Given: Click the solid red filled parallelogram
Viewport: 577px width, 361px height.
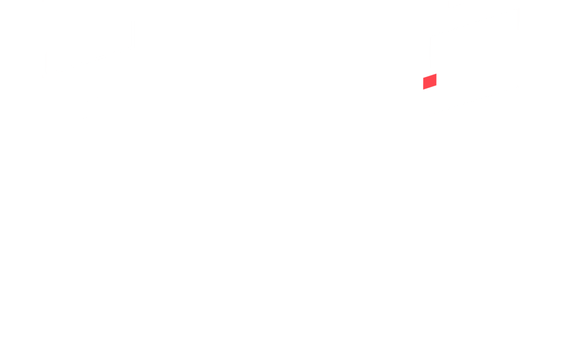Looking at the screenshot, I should pyautogui.click(x=430, y=81).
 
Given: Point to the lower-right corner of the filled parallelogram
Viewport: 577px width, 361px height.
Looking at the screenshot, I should pyautogui.click(x=437, y=86).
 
